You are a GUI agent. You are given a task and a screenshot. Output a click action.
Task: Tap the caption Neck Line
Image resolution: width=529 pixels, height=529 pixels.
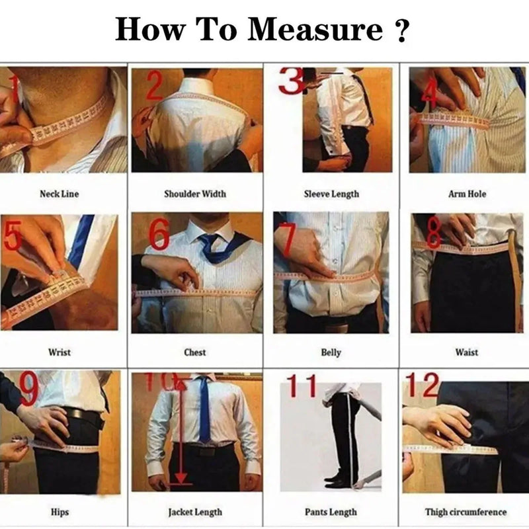60,194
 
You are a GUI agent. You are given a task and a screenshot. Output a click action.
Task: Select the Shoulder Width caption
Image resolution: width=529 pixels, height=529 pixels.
194,194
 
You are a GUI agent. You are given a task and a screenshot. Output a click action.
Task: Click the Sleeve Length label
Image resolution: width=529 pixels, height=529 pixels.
331,194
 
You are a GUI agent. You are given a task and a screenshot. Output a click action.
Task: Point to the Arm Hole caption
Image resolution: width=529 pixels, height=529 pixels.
467,194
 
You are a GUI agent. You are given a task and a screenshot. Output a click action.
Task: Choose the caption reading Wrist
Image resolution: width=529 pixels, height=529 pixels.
60,352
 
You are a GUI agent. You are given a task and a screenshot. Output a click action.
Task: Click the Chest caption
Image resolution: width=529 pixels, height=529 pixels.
194,352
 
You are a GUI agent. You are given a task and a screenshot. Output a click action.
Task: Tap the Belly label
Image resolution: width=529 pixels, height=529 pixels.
331,352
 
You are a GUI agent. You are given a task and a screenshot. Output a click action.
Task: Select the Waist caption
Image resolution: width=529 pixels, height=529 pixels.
467,352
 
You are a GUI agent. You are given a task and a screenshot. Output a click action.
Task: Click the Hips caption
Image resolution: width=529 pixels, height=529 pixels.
60,512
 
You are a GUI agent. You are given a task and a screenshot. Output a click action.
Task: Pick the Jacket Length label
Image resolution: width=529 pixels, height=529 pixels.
194,512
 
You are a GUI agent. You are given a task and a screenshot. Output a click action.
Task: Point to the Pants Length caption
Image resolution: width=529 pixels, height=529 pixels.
331,512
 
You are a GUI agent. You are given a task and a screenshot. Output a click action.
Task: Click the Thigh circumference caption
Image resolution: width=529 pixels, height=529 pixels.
466,512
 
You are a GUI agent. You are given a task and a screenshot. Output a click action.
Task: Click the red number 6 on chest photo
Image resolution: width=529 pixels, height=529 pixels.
159,234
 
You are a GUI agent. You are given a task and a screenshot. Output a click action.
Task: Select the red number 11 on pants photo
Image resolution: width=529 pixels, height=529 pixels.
302,387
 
